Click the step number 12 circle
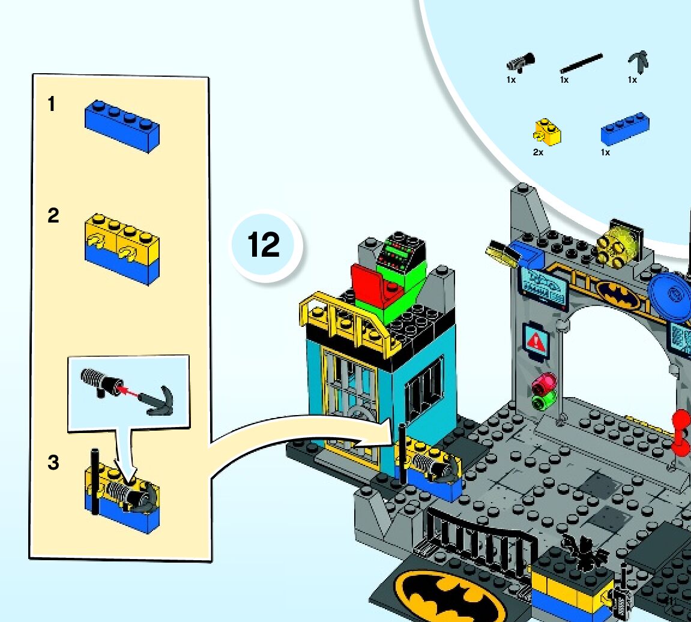pos(265,245)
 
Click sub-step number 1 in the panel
pos(52,104)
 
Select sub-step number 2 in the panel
pos(53,215)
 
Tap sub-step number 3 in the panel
pos(53,463)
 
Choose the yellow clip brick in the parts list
pos(547,132)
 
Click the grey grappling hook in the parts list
pos(638,61)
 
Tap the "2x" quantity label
pos(538,152)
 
